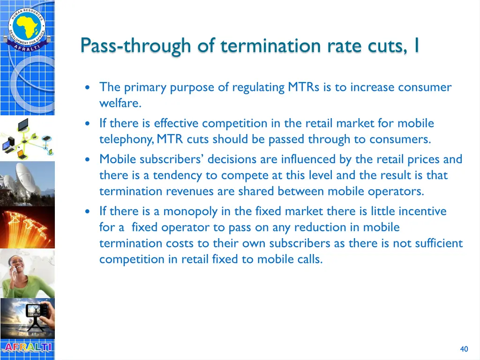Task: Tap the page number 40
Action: coord(464,349)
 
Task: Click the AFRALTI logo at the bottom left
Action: coord(27,347)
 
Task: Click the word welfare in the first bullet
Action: coord(120,103)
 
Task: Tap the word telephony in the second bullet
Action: coord(125,140)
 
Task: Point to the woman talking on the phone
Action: coord(27,273)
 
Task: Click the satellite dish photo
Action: coord(27,183)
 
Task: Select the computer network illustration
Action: coord(27,138)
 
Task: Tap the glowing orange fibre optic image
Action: coord(27,228)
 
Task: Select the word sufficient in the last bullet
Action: coord(439,243)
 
